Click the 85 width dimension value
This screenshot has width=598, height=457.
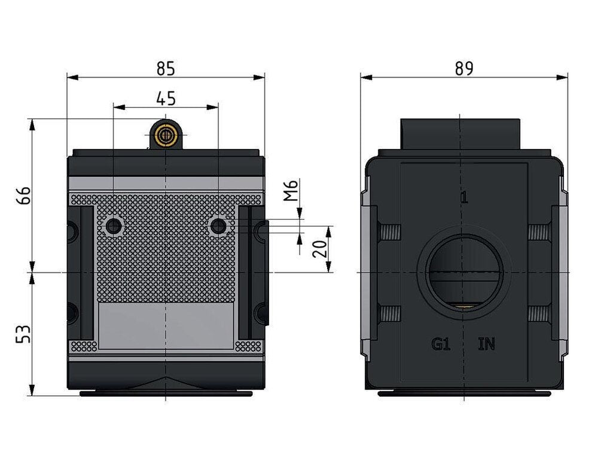coord(165,69)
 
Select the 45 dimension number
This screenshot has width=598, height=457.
coord(165,98)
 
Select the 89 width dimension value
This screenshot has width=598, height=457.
coord(463,69)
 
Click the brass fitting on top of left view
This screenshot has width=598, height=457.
coord(164,135)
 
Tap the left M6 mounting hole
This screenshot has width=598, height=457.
coord(112,226)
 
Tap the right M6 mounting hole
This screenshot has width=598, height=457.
coord(218,226)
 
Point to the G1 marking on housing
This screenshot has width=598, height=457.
coord(441,345)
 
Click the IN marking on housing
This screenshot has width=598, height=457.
coord(487,345)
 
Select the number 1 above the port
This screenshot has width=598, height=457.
coord(464,198)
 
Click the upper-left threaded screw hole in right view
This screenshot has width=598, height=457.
coord(389,231)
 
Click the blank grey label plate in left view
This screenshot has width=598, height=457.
coord(165,325)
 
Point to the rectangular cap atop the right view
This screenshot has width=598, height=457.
coord(459,135)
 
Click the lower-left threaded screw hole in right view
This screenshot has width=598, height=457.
coord(389,312)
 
